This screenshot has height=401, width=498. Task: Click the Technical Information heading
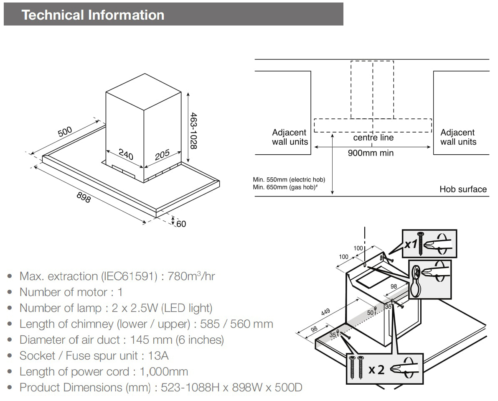(x=93, y=15)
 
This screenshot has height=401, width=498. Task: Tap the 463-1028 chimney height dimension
(x=193, y=130)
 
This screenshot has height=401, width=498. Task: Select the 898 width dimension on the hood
(x=84, y=196)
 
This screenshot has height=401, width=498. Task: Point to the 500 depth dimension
(x=65, y=131)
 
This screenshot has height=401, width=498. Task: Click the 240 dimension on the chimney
(x=126, y=154)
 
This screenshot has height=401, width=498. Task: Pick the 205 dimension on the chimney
(x=162, y=155)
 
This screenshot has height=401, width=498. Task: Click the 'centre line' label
(x=373, y=138)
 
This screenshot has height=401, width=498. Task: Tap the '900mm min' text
(x=371, y=153)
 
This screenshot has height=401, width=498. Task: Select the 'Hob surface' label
(x=463, y=189)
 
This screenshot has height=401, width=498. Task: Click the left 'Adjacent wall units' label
(x=290, y=137)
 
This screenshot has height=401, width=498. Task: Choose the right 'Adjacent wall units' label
(x=458, y=137)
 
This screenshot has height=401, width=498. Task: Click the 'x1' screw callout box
(x=429, y=243)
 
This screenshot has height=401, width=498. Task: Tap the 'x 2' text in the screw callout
(x=376, y=370)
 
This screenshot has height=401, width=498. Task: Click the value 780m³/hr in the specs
(x=191, y=276)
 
